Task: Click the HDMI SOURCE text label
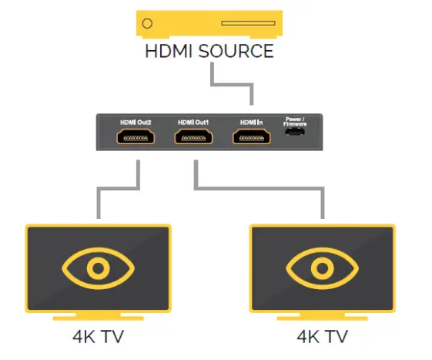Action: [x=209, y=52]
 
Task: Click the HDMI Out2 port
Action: [x=136, y=138]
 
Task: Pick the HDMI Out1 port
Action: [x=194, y=138]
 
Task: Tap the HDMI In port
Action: [x=252, y=138]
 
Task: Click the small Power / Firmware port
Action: [x=296, y=136]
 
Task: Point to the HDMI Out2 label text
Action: [x=136, y=123]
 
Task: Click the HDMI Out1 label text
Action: [x=194, y=123]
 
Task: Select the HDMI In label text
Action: [x=252, y=123]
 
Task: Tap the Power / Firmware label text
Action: [x=296, y=121]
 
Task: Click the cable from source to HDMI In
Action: [x=231, y=84]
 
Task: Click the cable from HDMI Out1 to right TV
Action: [x=262, y=187]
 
